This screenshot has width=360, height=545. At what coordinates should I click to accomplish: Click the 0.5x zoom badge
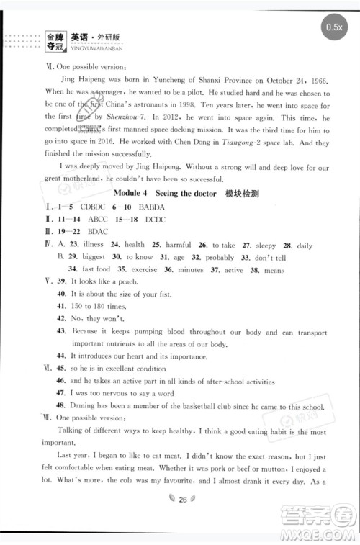point(334,27)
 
